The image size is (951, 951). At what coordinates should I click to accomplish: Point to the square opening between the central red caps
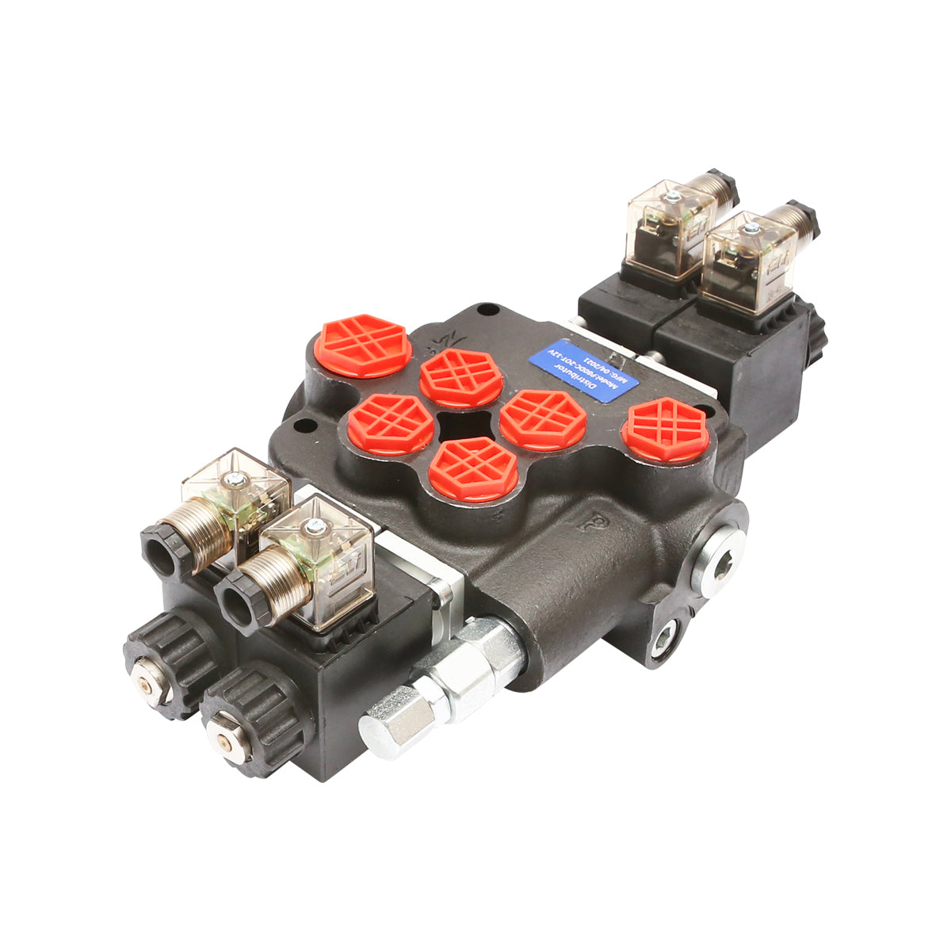point(466,426)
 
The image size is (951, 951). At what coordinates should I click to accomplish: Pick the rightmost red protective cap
point(665,429)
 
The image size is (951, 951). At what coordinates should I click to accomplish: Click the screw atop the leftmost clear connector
point(235,479)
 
